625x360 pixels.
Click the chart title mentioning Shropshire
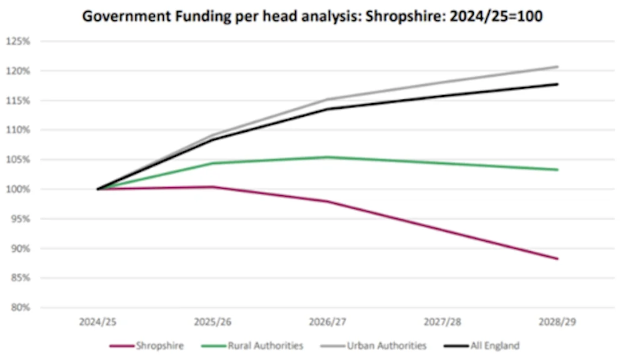(312, 17)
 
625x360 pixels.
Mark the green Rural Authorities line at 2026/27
(327, 157)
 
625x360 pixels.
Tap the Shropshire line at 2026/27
(327, 201)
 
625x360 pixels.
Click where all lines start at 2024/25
(97, 189)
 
